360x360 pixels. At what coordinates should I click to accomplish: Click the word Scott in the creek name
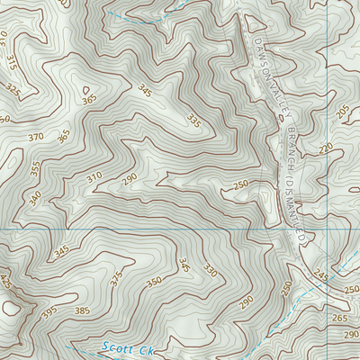(x=114, y=346)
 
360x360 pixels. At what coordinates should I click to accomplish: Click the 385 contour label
(x=82, y=311)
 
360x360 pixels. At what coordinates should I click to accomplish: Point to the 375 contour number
(x=115, y=280)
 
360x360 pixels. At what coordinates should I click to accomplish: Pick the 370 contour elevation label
(x=35, y=137)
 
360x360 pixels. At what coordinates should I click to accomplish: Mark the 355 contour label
(x=35, y=169)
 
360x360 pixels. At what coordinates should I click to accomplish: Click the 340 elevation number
(x=34, y=197)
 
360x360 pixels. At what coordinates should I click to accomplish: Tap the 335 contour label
(x=193, y=120)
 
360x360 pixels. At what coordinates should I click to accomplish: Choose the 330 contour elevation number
(x=210, y=270)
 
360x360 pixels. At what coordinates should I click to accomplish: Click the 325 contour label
(x=13, y=90)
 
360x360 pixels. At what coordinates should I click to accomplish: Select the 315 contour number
(x=10, y=62)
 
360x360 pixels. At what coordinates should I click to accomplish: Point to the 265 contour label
(x=339, y=319)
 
